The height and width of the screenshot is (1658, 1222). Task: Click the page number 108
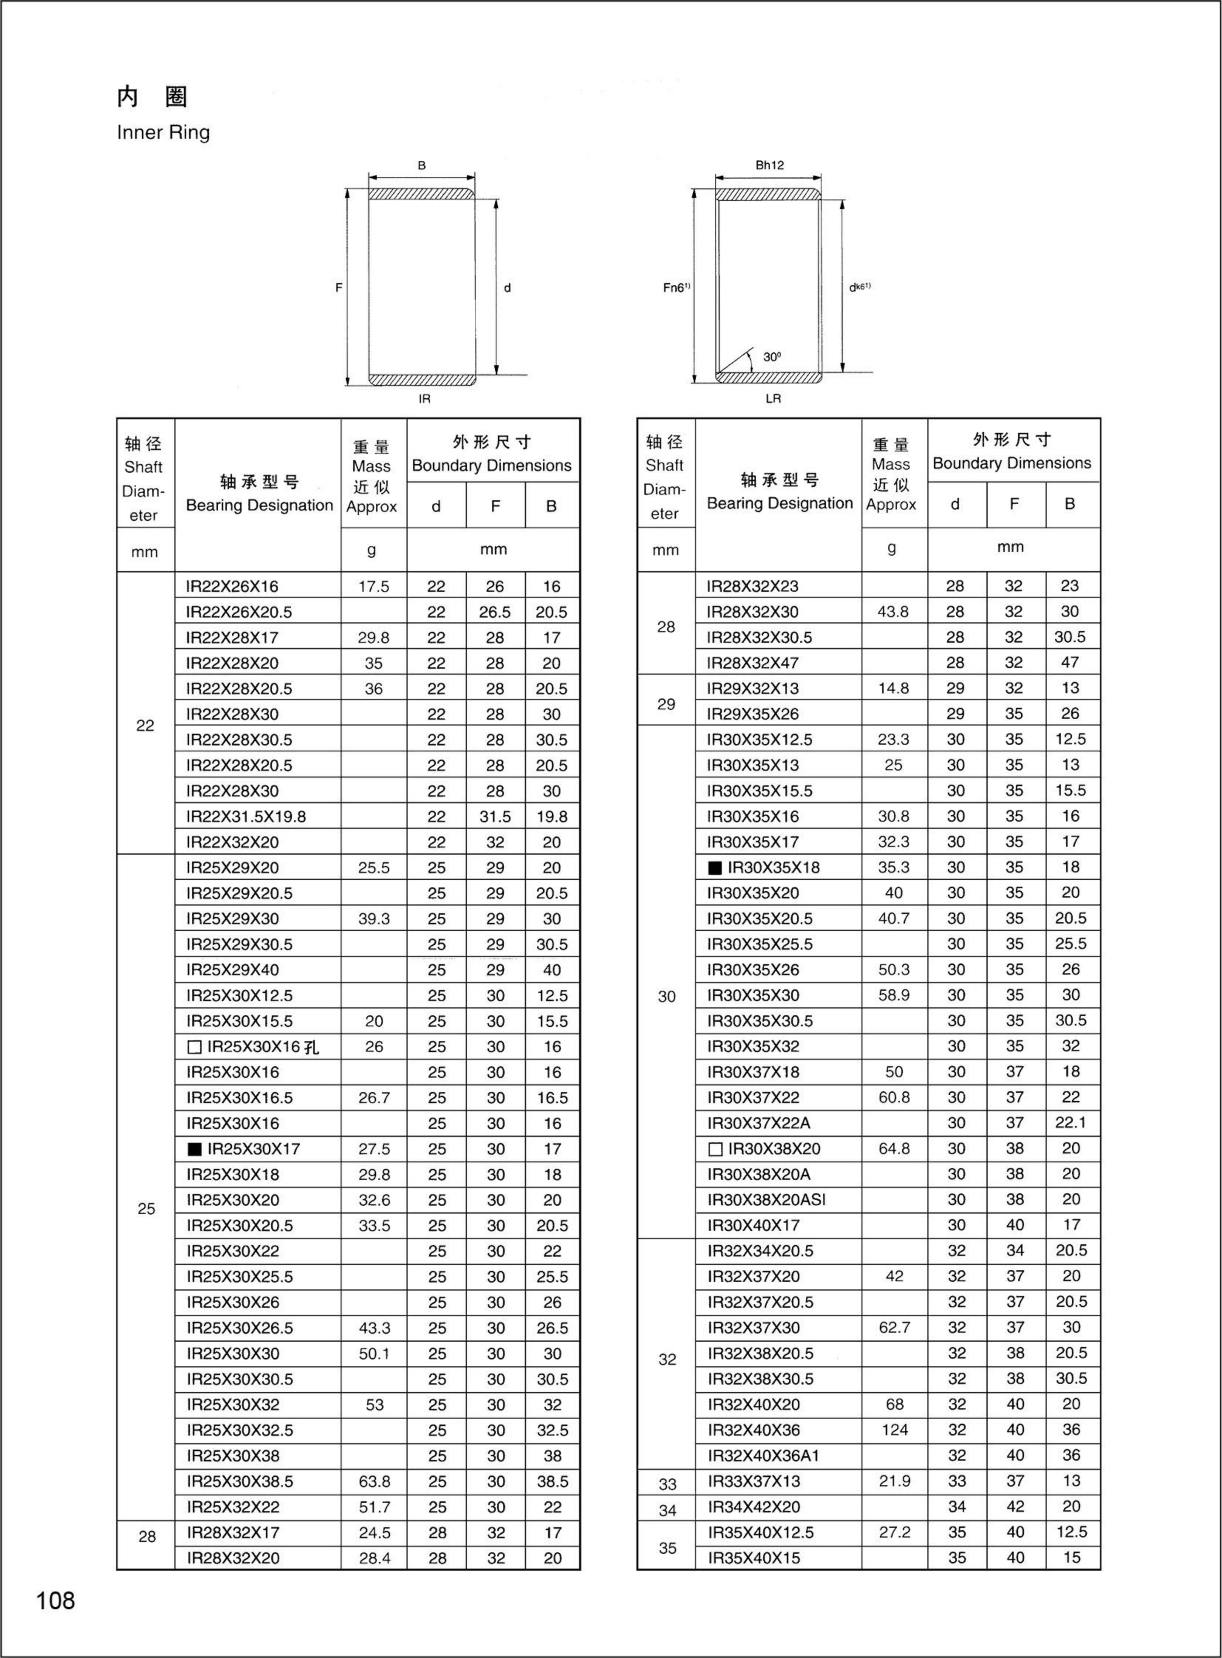tap(55, 1600)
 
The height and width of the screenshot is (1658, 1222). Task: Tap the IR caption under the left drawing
tap(424, 399)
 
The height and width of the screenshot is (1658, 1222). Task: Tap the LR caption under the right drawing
tap(773, 399)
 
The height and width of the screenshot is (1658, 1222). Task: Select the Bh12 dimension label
tap(769, 165)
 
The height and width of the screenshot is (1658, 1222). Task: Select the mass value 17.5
tap(373, 587)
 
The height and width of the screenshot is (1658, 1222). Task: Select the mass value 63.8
tap(374, 1481)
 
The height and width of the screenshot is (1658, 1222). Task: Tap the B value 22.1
tap(1071, 1123)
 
